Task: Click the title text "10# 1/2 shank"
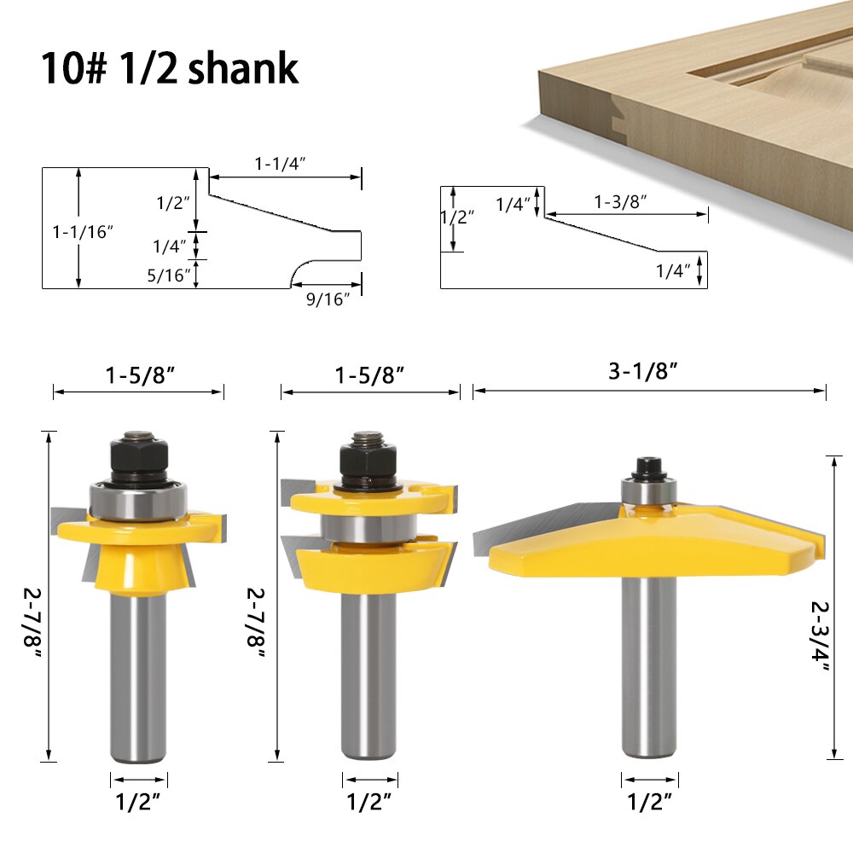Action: (169, 67)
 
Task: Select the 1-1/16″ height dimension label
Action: (83, 231)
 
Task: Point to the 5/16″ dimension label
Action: (170, 275)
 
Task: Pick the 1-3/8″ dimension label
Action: (620, 201)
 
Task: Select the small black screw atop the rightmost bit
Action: (649, 467)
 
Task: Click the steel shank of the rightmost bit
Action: (649, 674)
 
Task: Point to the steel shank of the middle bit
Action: (369, 674)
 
